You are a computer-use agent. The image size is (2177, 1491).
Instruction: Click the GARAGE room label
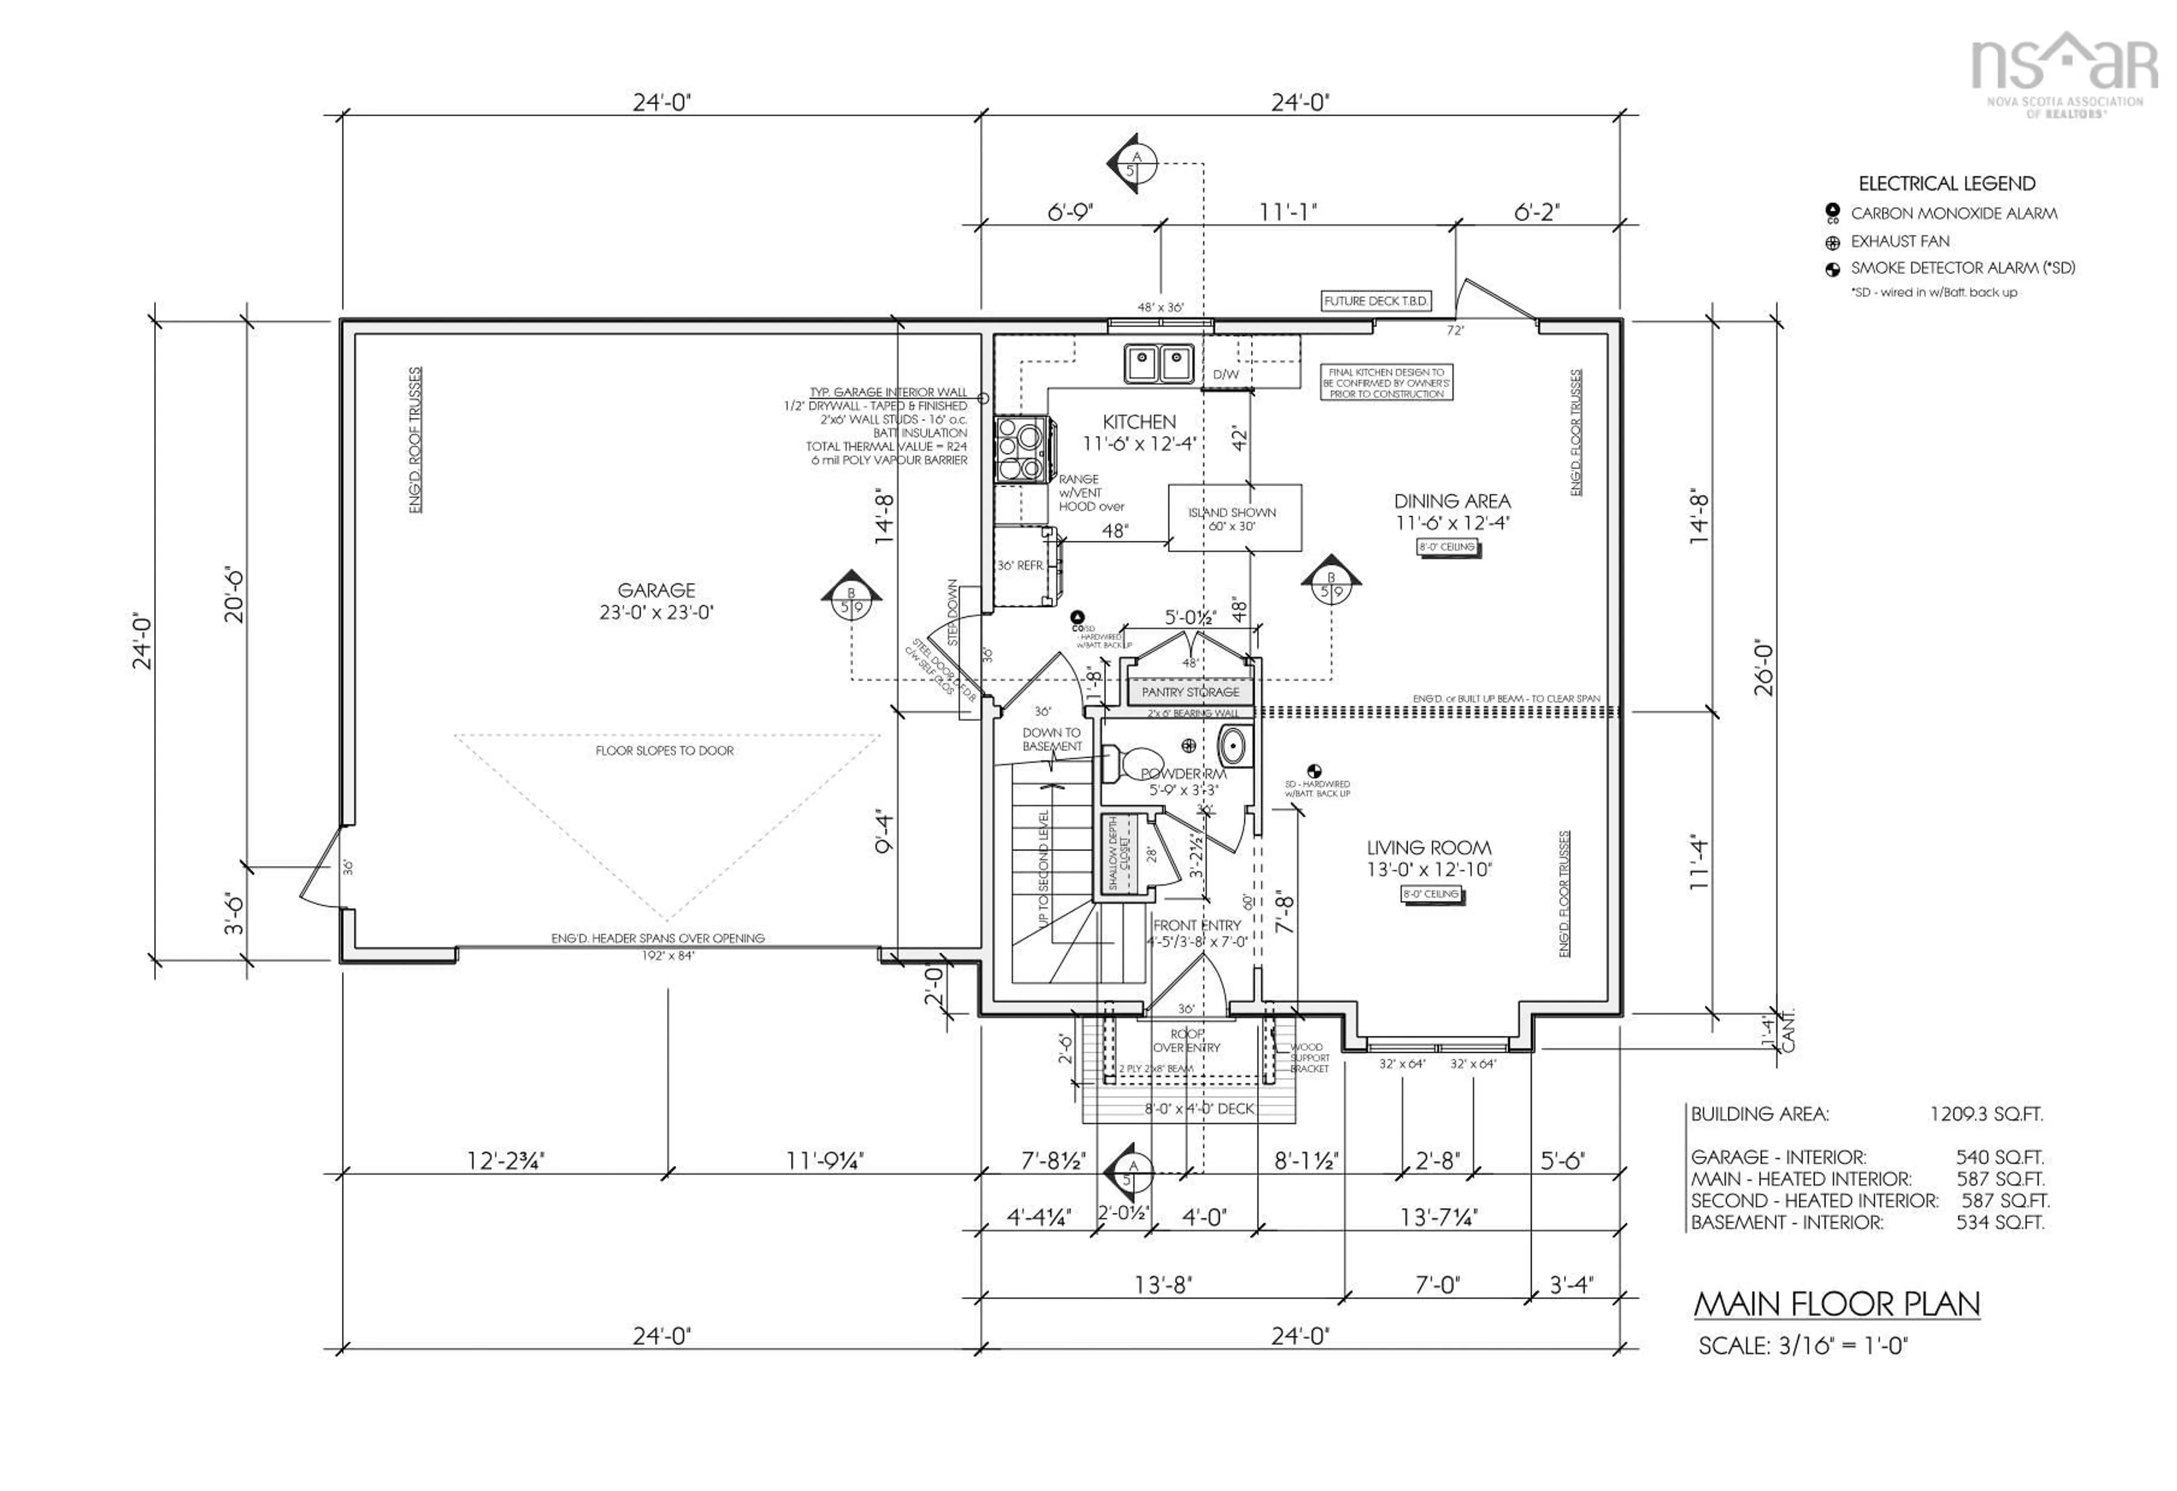656,590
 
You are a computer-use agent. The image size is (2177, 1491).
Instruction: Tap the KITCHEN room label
1138,423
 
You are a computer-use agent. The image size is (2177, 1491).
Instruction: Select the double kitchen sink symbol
1159,362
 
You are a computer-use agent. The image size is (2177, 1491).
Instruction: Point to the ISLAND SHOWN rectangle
1234,518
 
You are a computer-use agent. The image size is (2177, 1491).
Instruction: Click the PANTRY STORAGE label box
1189,691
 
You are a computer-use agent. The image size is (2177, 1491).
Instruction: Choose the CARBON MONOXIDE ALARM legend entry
1953,214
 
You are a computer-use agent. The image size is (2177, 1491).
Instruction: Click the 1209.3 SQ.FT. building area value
1986,1114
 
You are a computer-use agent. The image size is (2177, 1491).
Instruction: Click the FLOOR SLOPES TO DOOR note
664,751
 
